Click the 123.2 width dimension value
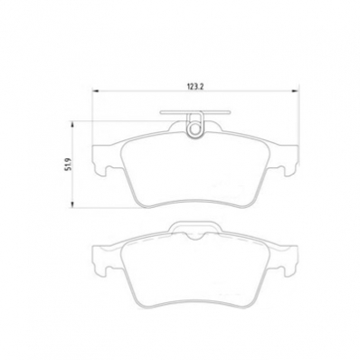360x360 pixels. pyautogui.click(x=196, y=87)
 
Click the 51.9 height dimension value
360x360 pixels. pyautogui.click(x=68, y=164)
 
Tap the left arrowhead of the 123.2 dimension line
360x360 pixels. pyautogui.click(x=96, y=90)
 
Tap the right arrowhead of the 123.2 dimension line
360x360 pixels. pyautogui.click(x=294, y=90)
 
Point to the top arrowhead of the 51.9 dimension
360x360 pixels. pyautogui.click(x=71, y=125)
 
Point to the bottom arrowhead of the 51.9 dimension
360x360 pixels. pyautogui.click(x=71, y=204)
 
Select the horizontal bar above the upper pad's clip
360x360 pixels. pyautogui.click(x=195, y=113)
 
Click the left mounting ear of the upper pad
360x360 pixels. pyautogui.click(x=102, y=159)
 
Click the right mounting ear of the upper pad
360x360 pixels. pyautogui.click(x=288, y=160)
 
